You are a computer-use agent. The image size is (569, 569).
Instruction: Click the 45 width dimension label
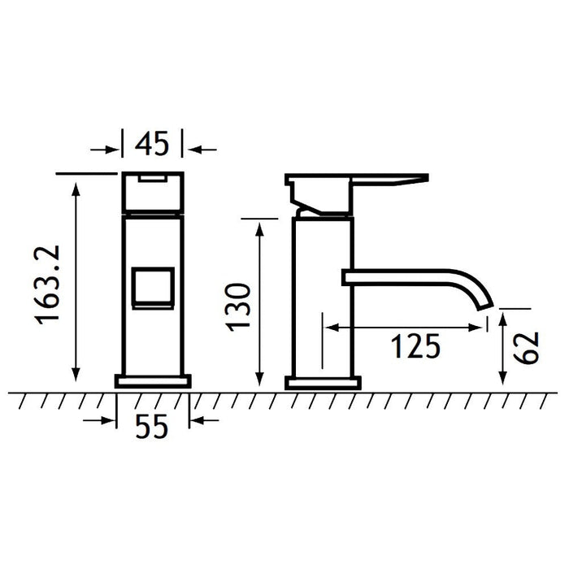click(x=152, y=144)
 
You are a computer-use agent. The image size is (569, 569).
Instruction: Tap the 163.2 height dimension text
click(x=47, y=284)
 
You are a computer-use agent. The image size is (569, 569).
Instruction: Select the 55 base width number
click(x=152, y=426)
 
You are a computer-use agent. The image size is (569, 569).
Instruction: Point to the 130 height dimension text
click(x=238, y=307)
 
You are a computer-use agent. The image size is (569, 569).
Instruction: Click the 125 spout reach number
click(x=415, y=346)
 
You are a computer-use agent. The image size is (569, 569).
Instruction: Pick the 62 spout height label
click(x=526, y=347)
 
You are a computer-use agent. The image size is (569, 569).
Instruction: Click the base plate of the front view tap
click(x=153, y=381)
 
